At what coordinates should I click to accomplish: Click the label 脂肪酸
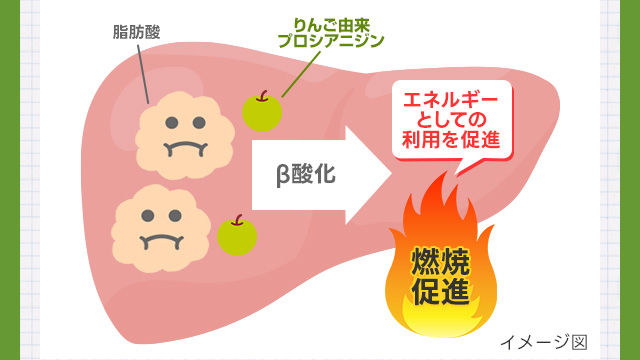(136, 32)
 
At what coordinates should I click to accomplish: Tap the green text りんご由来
(331, 27)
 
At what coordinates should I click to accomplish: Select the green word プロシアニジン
(331, 41)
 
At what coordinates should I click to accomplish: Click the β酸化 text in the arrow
(306, 175)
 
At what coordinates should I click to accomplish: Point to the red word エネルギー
(451, 100)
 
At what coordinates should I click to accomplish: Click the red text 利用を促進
(451, 140)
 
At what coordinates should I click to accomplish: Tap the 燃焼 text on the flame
(440, 261)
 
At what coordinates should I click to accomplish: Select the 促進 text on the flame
(440, 291)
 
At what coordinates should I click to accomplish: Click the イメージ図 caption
(544, 342)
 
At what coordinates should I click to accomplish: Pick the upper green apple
(262, 112)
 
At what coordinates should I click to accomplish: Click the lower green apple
(237, 236)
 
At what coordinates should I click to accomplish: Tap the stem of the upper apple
(263, 96)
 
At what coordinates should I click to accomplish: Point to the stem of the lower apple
(238, 220)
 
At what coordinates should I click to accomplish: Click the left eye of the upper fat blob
(172, 122)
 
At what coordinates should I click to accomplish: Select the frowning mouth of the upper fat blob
(185, 149)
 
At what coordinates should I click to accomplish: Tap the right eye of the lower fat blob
(175, 216)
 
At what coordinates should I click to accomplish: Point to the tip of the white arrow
(392, 175)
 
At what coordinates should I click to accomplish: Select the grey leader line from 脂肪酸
(143, 74)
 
